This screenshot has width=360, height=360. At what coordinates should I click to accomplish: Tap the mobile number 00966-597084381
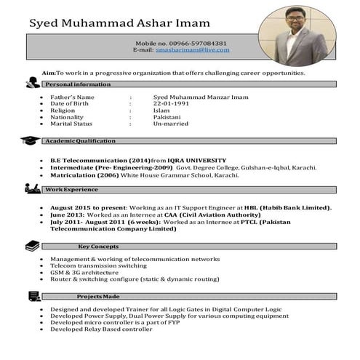pos(193,43)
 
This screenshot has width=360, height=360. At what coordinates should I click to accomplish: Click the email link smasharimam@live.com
pos(193,49)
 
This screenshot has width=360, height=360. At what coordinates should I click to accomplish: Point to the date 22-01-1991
pos(171,104)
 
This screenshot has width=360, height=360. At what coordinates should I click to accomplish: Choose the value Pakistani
pos(167,117)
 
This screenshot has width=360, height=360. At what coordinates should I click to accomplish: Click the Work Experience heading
pos(71,189)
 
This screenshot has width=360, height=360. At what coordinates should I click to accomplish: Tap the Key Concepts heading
pos(98,246)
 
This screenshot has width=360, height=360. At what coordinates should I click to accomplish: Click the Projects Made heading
pos(98,296)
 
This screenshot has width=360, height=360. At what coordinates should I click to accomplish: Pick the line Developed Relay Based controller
pos(101,329)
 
